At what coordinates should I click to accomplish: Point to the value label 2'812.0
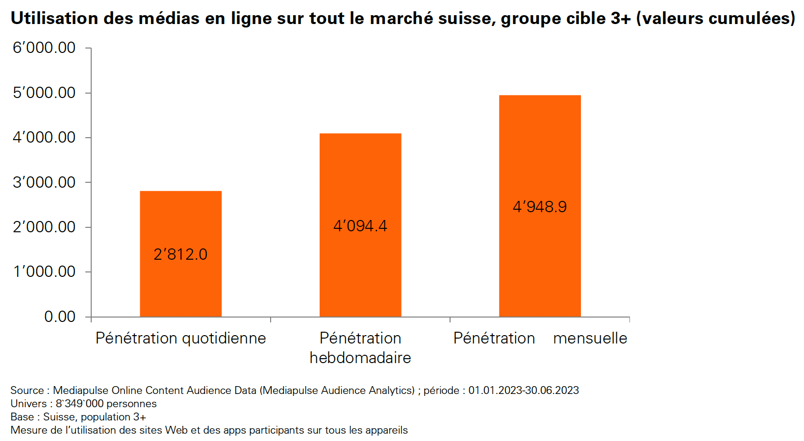tap(180, 254)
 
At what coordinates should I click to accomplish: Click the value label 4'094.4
tap(360, 226)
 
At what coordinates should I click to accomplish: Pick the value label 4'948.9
tap(540, 207)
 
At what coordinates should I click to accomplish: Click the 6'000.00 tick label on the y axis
tap(44, 48)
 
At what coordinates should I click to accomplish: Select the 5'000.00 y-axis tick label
tap(44, 93)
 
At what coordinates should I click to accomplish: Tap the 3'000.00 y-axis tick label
tap(44, 182)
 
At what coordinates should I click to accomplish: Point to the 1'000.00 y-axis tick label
tap(44, 271)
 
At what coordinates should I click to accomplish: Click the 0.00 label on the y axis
tap(60, 317)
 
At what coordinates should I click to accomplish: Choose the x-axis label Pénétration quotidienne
tap(180, 338)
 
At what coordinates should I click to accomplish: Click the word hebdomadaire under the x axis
tap(360, 358)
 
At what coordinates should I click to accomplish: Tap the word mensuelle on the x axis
tap(590, 338)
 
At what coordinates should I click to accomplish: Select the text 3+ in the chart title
tap(620, 19)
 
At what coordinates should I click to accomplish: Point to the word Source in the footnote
tap(27, 391)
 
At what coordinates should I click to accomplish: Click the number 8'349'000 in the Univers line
tap(79, 404)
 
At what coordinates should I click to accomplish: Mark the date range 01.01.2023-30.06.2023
tap(524, 391)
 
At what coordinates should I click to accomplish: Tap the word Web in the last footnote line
tap(176, 430)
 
